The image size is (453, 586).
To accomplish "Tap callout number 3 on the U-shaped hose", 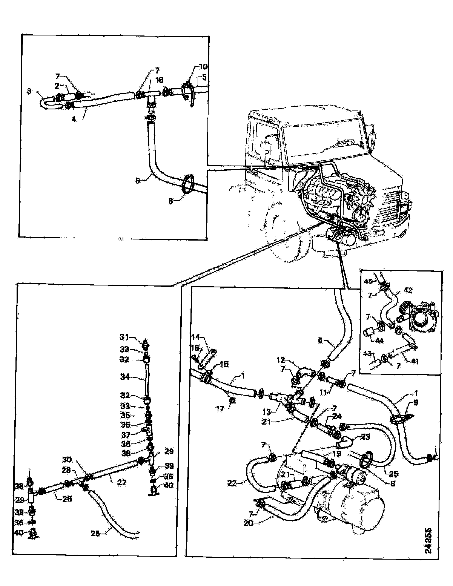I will pyautogui.click(x=29, y=91).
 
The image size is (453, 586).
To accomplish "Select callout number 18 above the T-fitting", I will pyautogui.click(x=159, y=80).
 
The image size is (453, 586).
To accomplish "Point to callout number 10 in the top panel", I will pyautogui.click(x=203, y=67).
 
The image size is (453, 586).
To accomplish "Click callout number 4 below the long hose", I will pyautogui.click(x=74, y=119).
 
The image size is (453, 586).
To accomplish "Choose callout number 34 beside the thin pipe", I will pyautogui.click(x=125, y=377).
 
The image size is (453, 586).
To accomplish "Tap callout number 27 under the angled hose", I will pyautogui.click(x=122, y=482).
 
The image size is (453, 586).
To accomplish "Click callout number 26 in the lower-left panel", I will pyautogui.click(x=67, y=499).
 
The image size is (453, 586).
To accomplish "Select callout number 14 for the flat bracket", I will pyautogui.click(x=196, y=337).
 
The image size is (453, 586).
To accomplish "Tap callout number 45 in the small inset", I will pyautogui.click(x=368, y=281).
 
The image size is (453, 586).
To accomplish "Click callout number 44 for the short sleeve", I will pyautogui.click(x=379, y=341).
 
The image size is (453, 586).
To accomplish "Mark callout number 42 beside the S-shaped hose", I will pyautogui.click(x=408, y=290).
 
